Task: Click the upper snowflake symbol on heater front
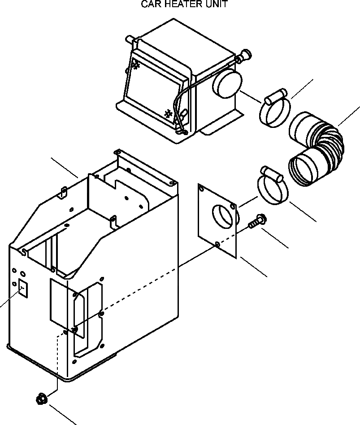tap(136, 66)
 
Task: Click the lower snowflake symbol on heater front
tap(169, 114)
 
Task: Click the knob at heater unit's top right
tap(245, 56)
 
